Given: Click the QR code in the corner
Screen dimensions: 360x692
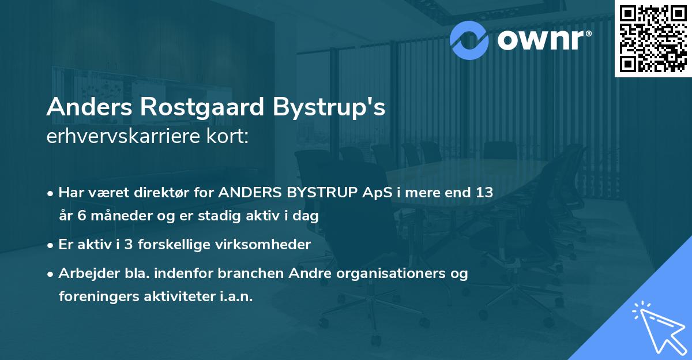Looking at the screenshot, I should click(653, 39).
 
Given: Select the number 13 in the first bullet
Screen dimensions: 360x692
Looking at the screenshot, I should click(484, 193).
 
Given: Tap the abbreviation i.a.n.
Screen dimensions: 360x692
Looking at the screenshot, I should click(238, 297).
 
